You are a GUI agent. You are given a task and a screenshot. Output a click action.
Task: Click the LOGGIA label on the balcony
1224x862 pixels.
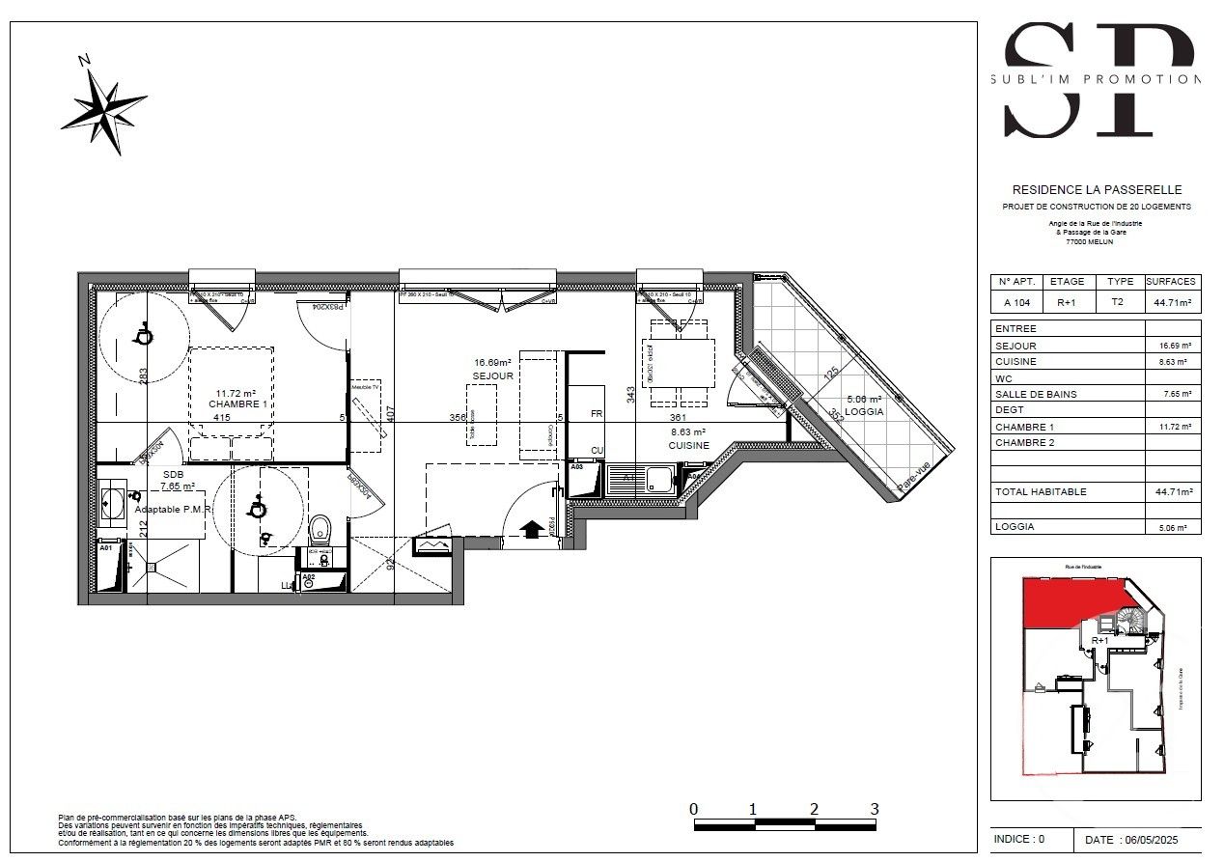pos(864,411)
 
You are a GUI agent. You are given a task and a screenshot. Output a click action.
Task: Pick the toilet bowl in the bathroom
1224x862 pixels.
pos(320,529)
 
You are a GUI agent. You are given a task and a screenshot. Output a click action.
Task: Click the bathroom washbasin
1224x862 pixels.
pos(108,503)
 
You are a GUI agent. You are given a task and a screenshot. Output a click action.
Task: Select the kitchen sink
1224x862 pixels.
pos(660,476)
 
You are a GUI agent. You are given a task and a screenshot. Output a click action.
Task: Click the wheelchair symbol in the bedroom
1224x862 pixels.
pos(142,334)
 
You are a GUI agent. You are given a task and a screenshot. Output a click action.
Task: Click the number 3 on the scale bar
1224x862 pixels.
pos(875,809)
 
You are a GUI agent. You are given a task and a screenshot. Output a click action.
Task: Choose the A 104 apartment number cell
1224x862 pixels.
pos(1016,301)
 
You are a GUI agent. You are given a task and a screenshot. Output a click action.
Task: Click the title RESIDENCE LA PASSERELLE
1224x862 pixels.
pos(1096,190)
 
